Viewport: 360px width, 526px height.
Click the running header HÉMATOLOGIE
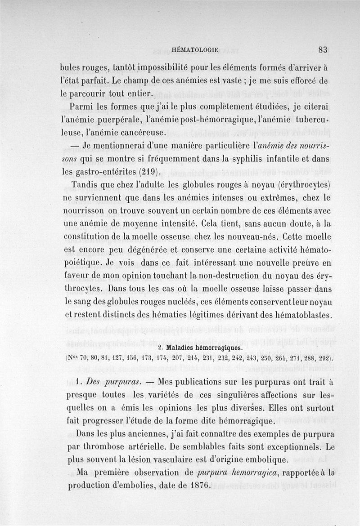coord(195,50)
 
